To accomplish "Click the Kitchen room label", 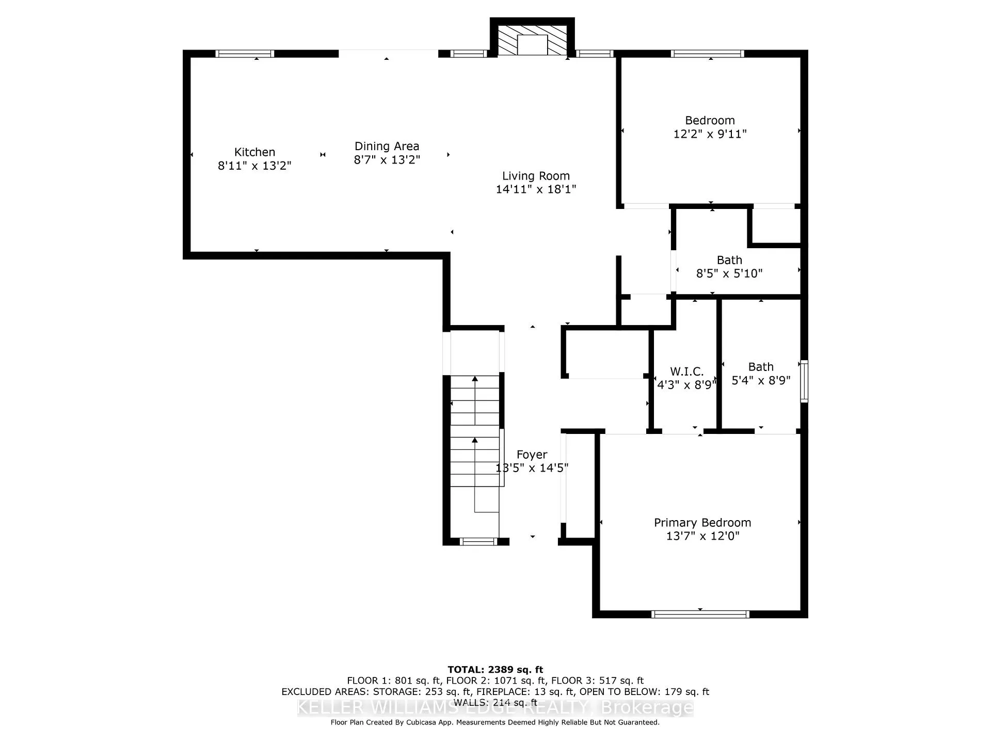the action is [254, 152].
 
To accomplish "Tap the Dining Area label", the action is [387, 147].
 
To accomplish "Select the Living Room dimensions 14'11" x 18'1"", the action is [536, 189].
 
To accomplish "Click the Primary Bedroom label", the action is [702, 523].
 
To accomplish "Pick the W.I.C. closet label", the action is [686, 372].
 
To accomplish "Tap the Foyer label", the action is [532, 455].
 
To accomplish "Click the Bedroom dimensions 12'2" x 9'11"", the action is [710, 134].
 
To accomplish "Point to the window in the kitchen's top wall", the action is [245, 53].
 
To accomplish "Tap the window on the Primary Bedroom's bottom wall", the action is [700, 614].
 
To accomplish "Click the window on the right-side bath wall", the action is [804, 381].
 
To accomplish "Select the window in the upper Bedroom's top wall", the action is [708, 53].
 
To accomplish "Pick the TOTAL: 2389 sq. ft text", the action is [495, 670].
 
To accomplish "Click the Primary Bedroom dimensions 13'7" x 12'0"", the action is [702, 536].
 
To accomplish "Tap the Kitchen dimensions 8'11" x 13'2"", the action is [254, 166].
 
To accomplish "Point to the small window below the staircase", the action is [478, 541].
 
